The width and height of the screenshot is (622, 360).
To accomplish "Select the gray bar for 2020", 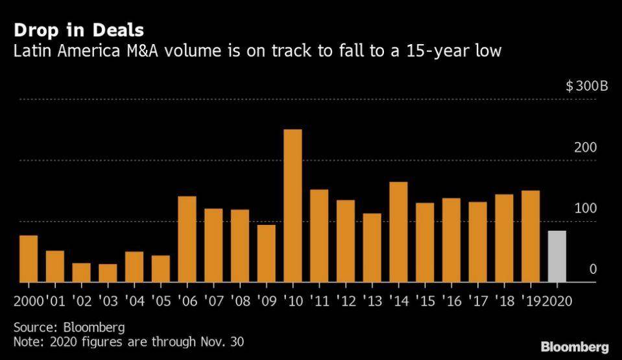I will click(557, 257).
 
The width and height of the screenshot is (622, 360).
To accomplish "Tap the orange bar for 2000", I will click(29, 259).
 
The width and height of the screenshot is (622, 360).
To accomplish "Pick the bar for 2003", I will click(108, 273).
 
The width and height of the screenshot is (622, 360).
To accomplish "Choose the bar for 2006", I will click(187, 239).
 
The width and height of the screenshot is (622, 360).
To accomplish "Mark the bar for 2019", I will click(531, 237).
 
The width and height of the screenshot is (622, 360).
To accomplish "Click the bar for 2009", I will click(266, 254).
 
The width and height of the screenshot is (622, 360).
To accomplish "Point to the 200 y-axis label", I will click(585, 147).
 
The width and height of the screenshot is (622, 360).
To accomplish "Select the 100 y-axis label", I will click(585, 209).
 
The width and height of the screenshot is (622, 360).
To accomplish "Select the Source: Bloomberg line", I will click(69, 326).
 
